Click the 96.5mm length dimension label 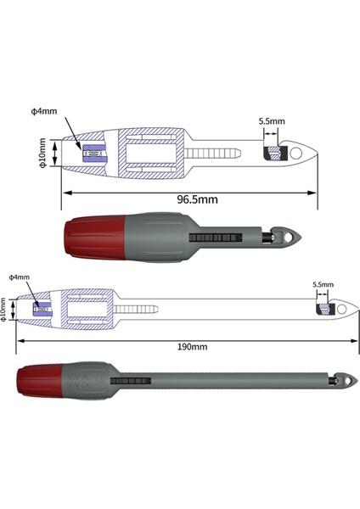click(x=197, y=200)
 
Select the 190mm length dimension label click(x=191, y=346)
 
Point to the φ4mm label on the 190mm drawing click(x=19, y=277)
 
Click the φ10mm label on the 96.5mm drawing click(x=43, y=154)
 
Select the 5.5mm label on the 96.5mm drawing click(x=271, y=121)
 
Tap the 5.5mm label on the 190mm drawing click(x=323, y=285)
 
